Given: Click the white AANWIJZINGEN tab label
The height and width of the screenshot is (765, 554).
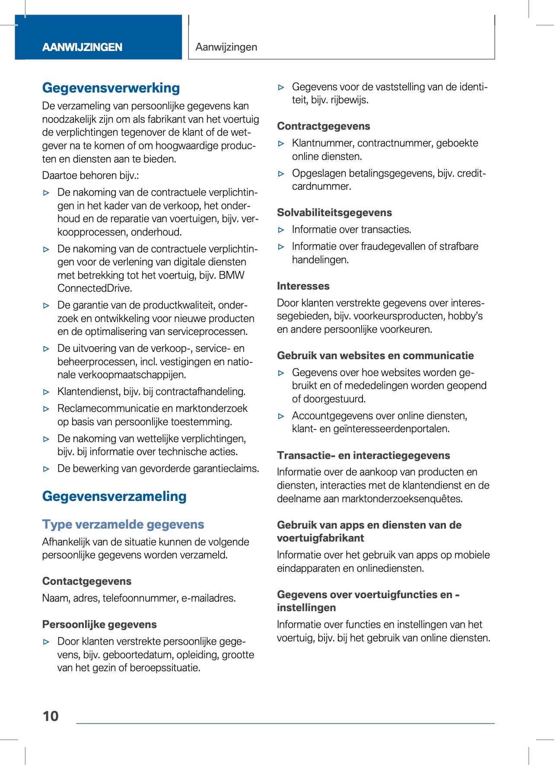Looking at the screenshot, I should [x=82, y=47].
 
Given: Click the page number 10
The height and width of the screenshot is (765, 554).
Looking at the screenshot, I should [x=51, y=716].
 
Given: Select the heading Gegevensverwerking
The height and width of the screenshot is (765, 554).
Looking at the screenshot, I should [x=111, y=88].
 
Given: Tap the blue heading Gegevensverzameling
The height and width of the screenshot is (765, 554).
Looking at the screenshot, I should [x=115, y=496].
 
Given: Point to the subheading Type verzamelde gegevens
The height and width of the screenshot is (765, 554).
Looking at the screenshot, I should [x=123, y=524].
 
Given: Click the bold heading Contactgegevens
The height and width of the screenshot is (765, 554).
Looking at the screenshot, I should [x=87, y=581].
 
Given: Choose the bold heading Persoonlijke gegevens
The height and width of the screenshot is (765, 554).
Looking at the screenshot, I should [x=99, y=625].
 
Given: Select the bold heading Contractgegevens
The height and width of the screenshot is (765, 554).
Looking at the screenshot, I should [x=324, y=126].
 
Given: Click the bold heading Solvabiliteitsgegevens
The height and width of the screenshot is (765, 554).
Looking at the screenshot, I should [x=334, y=213].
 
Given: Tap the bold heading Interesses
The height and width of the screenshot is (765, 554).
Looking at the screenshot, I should [x=303, y=286].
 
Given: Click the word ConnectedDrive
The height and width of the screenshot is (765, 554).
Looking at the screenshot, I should [x=95, y=288].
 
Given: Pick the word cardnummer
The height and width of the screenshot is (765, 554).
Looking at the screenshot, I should [x=321, y=186].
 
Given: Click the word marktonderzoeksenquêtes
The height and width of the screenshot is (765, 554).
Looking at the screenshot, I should [x=401, y=499].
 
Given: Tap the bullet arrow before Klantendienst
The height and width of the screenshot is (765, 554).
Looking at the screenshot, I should [x=47, y=392].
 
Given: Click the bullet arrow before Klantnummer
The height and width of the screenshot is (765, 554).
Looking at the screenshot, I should [x=281, y=143].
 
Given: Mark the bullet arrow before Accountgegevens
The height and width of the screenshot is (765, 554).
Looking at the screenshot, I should [x=281, y=416].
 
